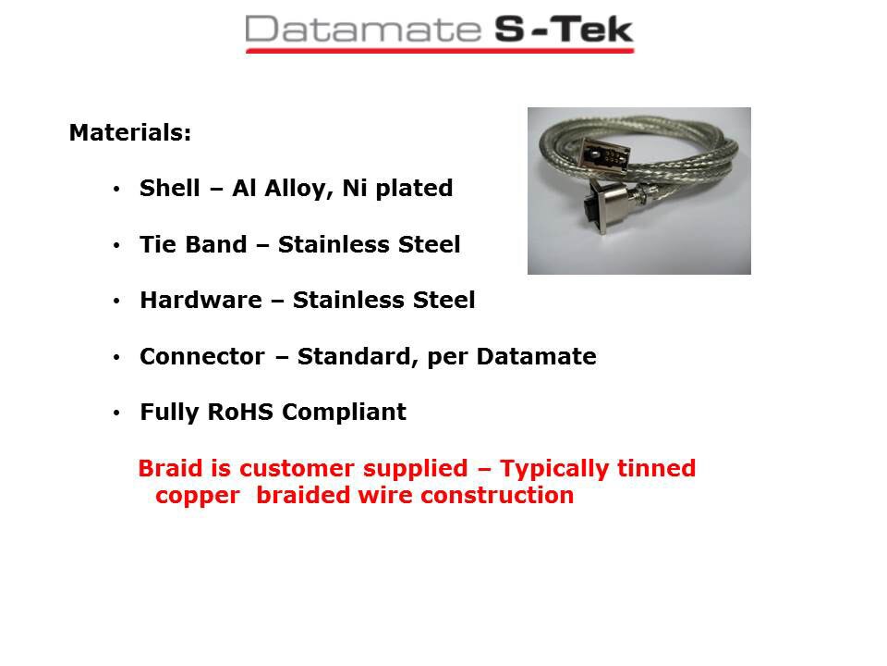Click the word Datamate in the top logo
362,30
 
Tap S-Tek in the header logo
564,30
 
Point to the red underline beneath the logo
440,51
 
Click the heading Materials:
130,133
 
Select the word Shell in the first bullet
170,188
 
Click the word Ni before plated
355,188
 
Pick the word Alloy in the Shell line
298,189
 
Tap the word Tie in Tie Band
158,244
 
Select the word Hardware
200,300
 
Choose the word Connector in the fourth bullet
202,357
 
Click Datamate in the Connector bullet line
536,357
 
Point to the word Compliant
344,413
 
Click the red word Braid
170,468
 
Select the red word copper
198,497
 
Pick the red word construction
497,496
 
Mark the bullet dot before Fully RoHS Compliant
116,413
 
